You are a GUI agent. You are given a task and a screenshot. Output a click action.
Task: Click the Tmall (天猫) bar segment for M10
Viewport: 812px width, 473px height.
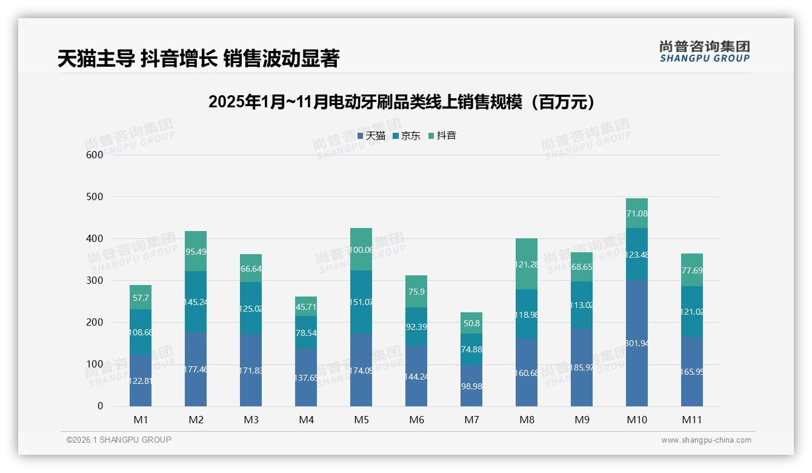(636, 343)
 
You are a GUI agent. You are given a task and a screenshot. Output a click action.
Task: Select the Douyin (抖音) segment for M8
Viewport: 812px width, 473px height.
(526, 264)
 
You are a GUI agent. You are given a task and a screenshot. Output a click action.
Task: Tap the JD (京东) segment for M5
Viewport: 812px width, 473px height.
(361, 302)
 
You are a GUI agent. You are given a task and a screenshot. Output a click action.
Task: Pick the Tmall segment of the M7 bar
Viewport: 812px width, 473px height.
(471, 385)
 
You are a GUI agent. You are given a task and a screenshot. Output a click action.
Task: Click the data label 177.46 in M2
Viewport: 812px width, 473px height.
(196, 369)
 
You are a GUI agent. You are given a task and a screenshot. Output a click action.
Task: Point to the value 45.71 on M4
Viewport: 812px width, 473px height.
(306, 307)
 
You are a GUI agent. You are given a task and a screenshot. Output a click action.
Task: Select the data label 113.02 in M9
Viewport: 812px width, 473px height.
(582, 305)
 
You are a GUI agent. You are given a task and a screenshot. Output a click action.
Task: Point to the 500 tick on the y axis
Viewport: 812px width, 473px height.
(95, 197)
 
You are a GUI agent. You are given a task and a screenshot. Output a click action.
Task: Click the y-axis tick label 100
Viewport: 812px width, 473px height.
(95, 364)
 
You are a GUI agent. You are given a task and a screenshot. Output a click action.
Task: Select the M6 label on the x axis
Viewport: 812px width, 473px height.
(416, 420)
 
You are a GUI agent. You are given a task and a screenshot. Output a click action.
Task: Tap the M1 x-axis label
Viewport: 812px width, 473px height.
(141, 420)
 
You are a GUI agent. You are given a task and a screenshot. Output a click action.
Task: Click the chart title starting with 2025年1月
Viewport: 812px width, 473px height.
(401, 102)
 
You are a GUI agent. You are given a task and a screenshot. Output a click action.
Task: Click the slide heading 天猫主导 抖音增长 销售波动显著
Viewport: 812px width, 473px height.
(198, 58)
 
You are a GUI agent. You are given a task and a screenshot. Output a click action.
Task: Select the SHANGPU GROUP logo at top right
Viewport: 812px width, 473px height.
(704, 51)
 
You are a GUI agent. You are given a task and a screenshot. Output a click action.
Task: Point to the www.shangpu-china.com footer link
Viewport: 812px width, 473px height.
(706, 440)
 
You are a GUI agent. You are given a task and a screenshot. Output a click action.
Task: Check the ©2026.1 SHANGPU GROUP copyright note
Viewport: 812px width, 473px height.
(119, 440)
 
